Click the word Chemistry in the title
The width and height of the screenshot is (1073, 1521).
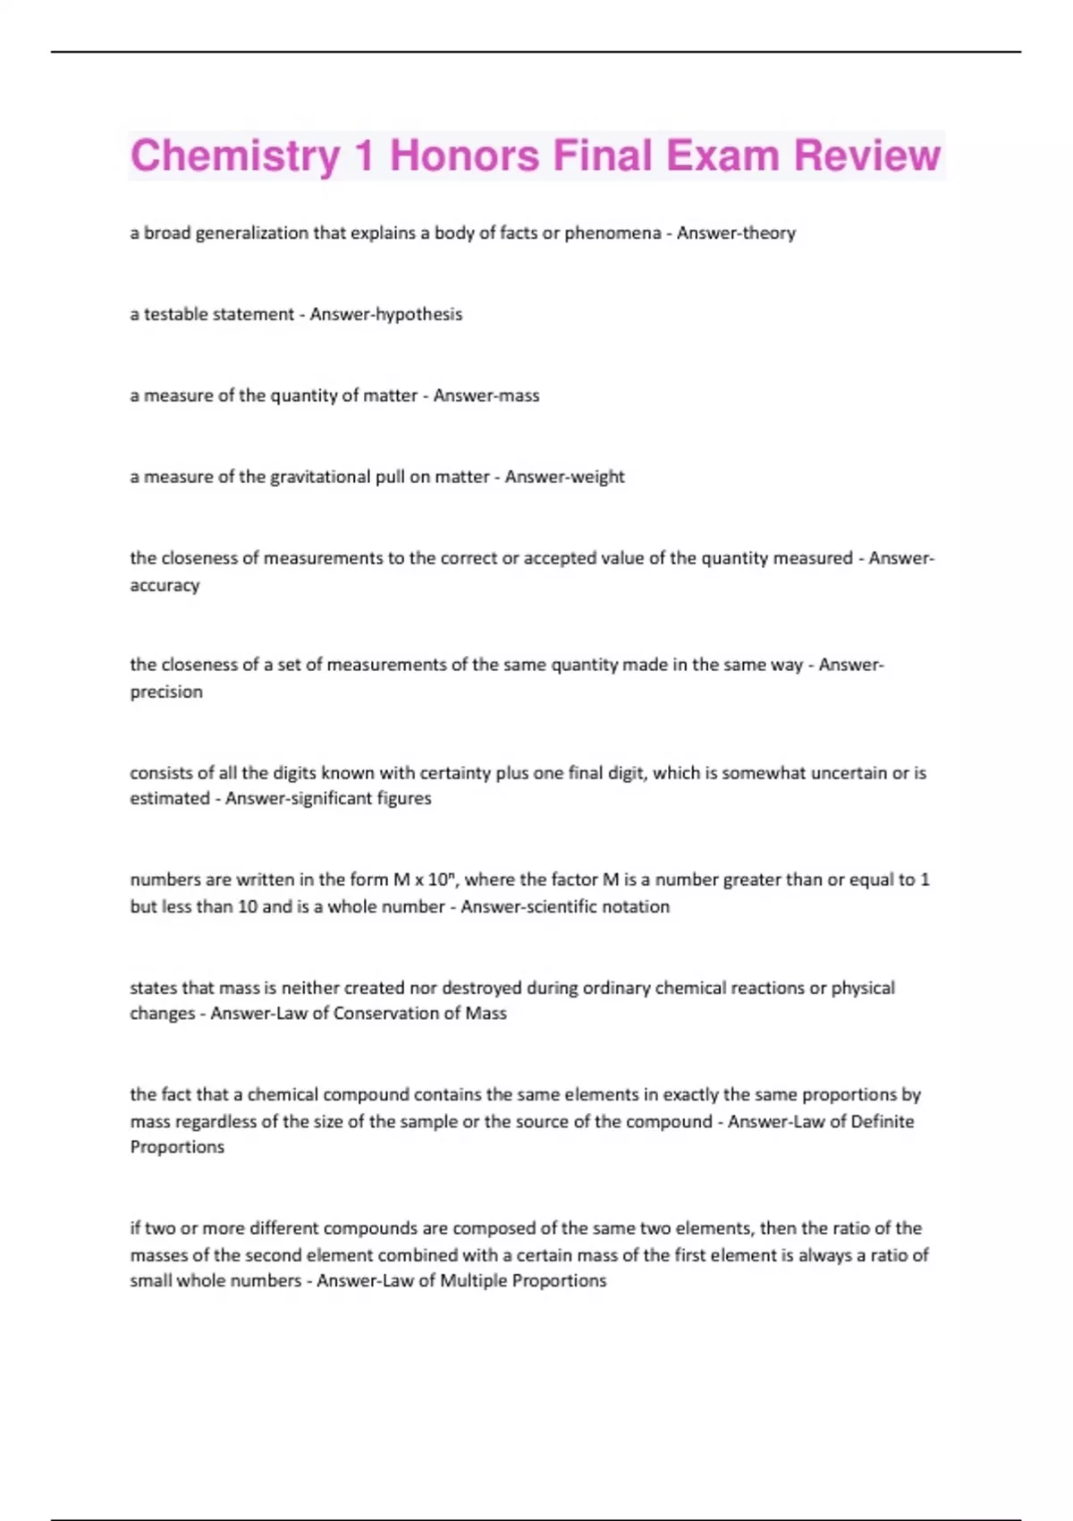234,156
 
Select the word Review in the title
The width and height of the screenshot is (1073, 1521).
866,156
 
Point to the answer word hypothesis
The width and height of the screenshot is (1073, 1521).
419,315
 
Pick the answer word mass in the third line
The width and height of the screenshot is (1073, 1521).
519,396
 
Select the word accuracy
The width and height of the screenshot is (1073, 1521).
165,585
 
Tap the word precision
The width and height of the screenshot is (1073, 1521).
166,692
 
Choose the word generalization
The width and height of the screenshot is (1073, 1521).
251,234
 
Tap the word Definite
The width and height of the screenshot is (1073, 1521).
882,1122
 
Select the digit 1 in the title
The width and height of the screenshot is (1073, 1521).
364,156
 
